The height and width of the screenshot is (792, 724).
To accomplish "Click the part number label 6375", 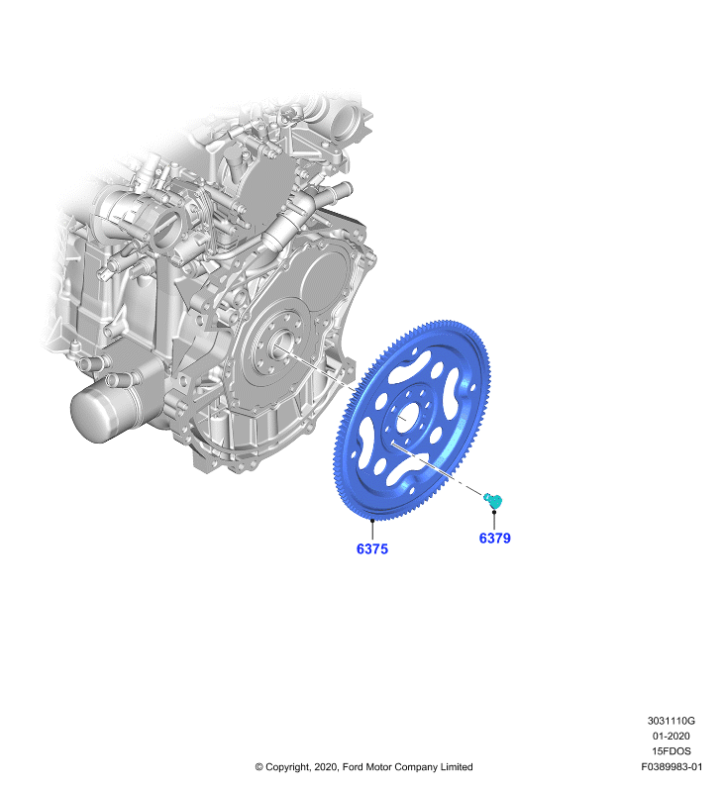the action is click(x=372, y=548).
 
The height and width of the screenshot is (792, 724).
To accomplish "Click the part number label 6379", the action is click(x=494, y=538).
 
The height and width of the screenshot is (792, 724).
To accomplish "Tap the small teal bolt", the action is click(x=493, y=501).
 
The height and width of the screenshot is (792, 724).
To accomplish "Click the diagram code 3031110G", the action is click(x=671, y=721).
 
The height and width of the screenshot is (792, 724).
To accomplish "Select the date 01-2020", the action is click(x=671, y=736).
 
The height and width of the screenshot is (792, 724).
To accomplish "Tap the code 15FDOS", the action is click(x=671, y=751).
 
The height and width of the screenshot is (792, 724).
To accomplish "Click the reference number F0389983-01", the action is click(x=672, y=766).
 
